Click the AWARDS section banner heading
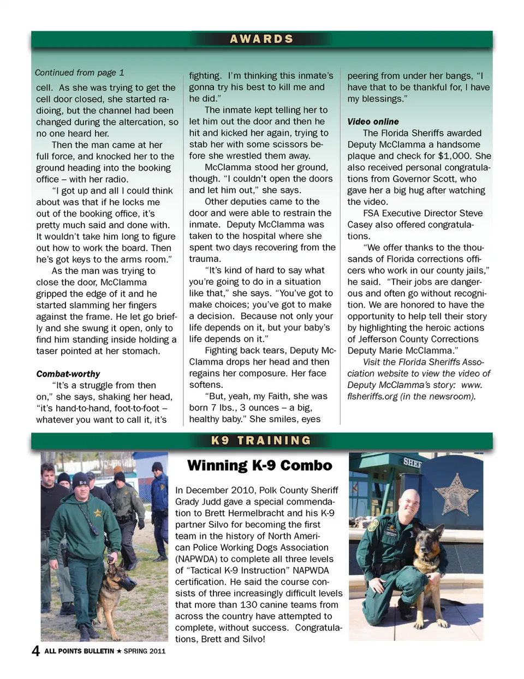click(261, 39)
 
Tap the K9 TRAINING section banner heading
click(261, 441)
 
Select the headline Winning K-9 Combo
click(259, 466)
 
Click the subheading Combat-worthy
click(68, 374)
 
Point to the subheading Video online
click(373, 122)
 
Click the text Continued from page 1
click(80, 73)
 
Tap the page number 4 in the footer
click(36, 651)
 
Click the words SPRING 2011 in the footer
click(144, 651)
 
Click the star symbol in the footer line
click(119, 651)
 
